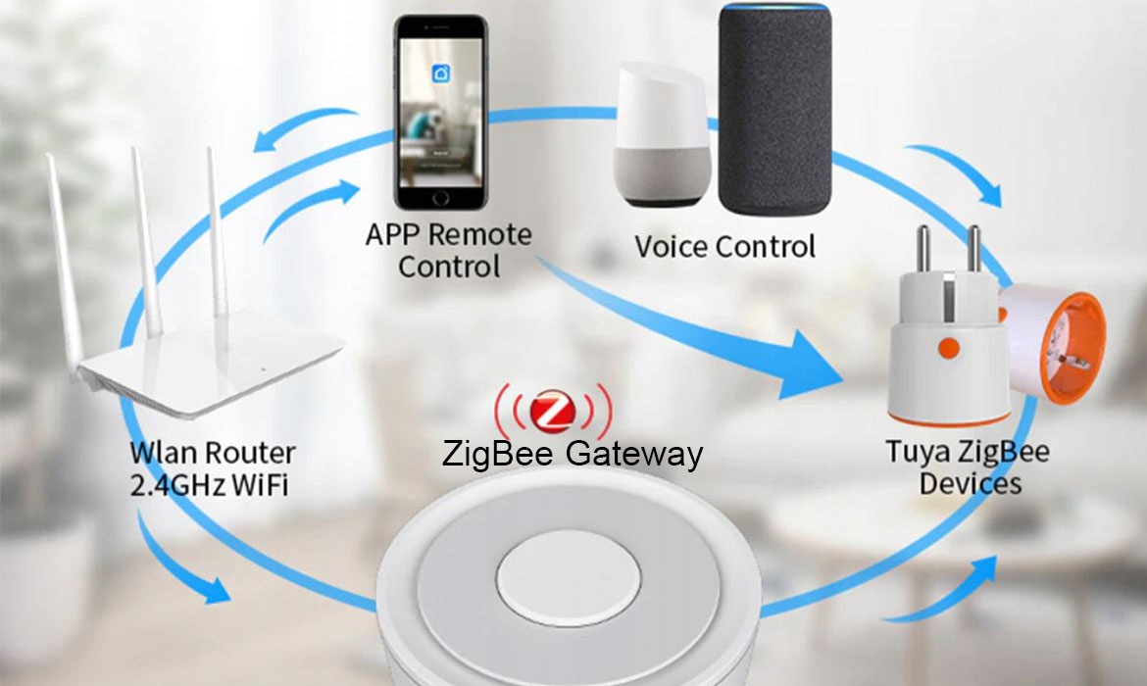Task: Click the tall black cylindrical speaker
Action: click(774, 108)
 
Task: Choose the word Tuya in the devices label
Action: click(919, 452)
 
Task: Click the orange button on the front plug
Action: click(948, 345)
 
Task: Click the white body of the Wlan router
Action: click(216, 363)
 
